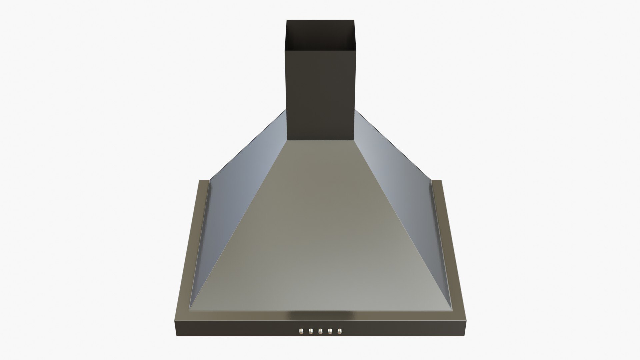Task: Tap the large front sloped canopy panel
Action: pyautogui.click(x=320, y=233)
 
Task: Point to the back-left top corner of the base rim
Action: pyautogui.click(x=200, y=181)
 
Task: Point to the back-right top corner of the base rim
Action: pyautogui.click(x=441, y=181)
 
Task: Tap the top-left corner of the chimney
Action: pyautogui.click(x=287, y=20)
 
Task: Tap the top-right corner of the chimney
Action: pyautogui.click(x=355, y=20)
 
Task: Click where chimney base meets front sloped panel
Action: pyautogui.click(x=321, y=140)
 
